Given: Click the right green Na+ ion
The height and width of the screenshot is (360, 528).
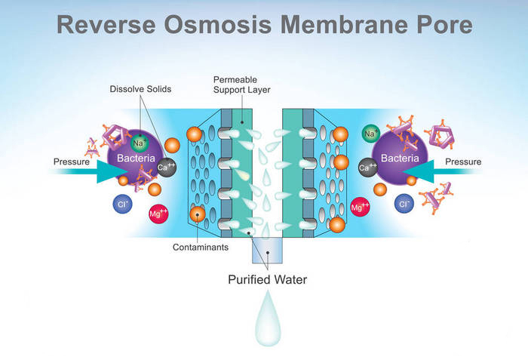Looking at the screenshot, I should tap(370, 134).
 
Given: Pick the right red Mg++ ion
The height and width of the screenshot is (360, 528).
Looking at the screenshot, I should tap(360, 207).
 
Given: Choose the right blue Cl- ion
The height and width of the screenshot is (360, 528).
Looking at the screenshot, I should tap(404, 204).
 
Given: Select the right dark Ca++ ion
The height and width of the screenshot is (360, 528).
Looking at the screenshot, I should tap(367, 168).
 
